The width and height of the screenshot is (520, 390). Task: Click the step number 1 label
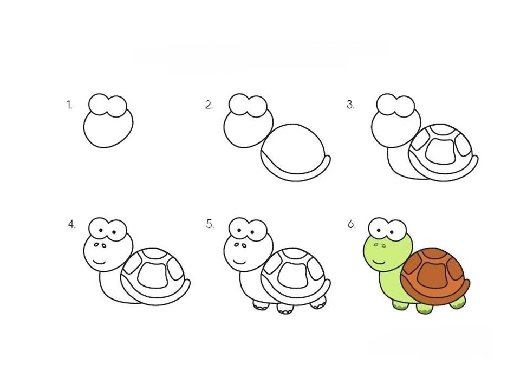tap(69, 105)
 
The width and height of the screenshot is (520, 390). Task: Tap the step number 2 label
tap(209, 105)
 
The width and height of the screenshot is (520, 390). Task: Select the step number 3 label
tap(350, 105)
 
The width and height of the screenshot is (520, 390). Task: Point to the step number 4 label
tap(72, 224)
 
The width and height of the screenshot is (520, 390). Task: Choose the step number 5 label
tap(210, 224)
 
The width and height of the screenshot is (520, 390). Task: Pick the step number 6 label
tap(352, 224)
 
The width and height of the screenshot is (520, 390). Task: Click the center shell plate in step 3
tap(440, 151)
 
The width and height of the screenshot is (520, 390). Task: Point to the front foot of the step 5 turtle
tap(261, 304)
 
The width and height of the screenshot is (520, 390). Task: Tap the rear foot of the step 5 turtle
tap(318, 302)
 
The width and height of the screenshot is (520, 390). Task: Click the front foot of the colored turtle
tap(400, 304)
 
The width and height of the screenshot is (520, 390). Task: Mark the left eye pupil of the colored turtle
tap(379, 230)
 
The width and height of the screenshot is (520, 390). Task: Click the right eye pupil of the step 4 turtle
tap(114, 232)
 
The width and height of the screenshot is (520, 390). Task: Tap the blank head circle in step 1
tap(108, 129)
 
